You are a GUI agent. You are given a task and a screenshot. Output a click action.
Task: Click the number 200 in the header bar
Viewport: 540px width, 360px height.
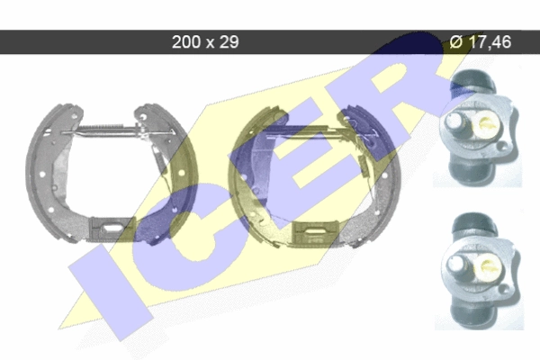click(x=186, y=42)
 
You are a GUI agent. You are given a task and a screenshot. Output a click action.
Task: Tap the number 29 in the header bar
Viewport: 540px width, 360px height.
click(x=229, y=42)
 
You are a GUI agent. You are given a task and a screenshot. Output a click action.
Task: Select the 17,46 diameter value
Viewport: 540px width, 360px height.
click(x=490, y=42)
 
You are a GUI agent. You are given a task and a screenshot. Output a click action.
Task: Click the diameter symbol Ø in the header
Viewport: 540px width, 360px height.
click(x=456, y=41)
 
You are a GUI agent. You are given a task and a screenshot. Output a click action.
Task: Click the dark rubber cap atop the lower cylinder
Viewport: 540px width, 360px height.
click(x=474, y=221)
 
